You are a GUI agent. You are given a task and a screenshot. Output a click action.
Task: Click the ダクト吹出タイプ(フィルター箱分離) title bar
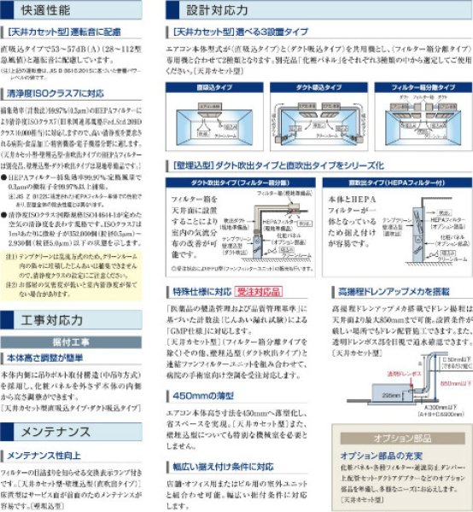pos(235,182)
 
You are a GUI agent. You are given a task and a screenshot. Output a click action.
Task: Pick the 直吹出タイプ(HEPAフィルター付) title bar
pos(394,182)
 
